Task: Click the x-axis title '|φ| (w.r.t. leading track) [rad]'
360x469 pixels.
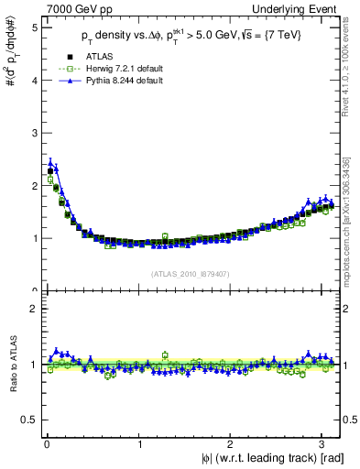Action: (265, 459)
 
